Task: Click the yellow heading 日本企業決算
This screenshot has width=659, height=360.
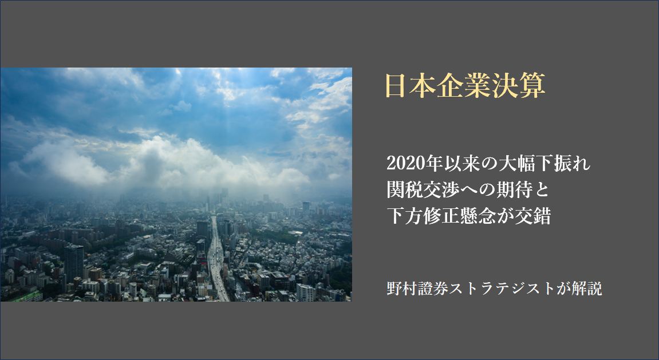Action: tap(465, 86)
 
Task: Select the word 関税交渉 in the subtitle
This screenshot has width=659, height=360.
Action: tap(422, 190)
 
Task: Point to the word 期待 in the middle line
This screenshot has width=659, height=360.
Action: tap(512, 190)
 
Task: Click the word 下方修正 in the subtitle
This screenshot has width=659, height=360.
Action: tap(422, 216)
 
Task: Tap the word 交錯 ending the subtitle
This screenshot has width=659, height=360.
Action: tap(532, 216)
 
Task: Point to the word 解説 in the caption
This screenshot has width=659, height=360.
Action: tap(587, 288)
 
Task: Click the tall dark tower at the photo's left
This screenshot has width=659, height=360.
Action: tap(73, 264)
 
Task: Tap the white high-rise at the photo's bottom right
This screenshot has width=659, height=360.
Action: tap(305, 292)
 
